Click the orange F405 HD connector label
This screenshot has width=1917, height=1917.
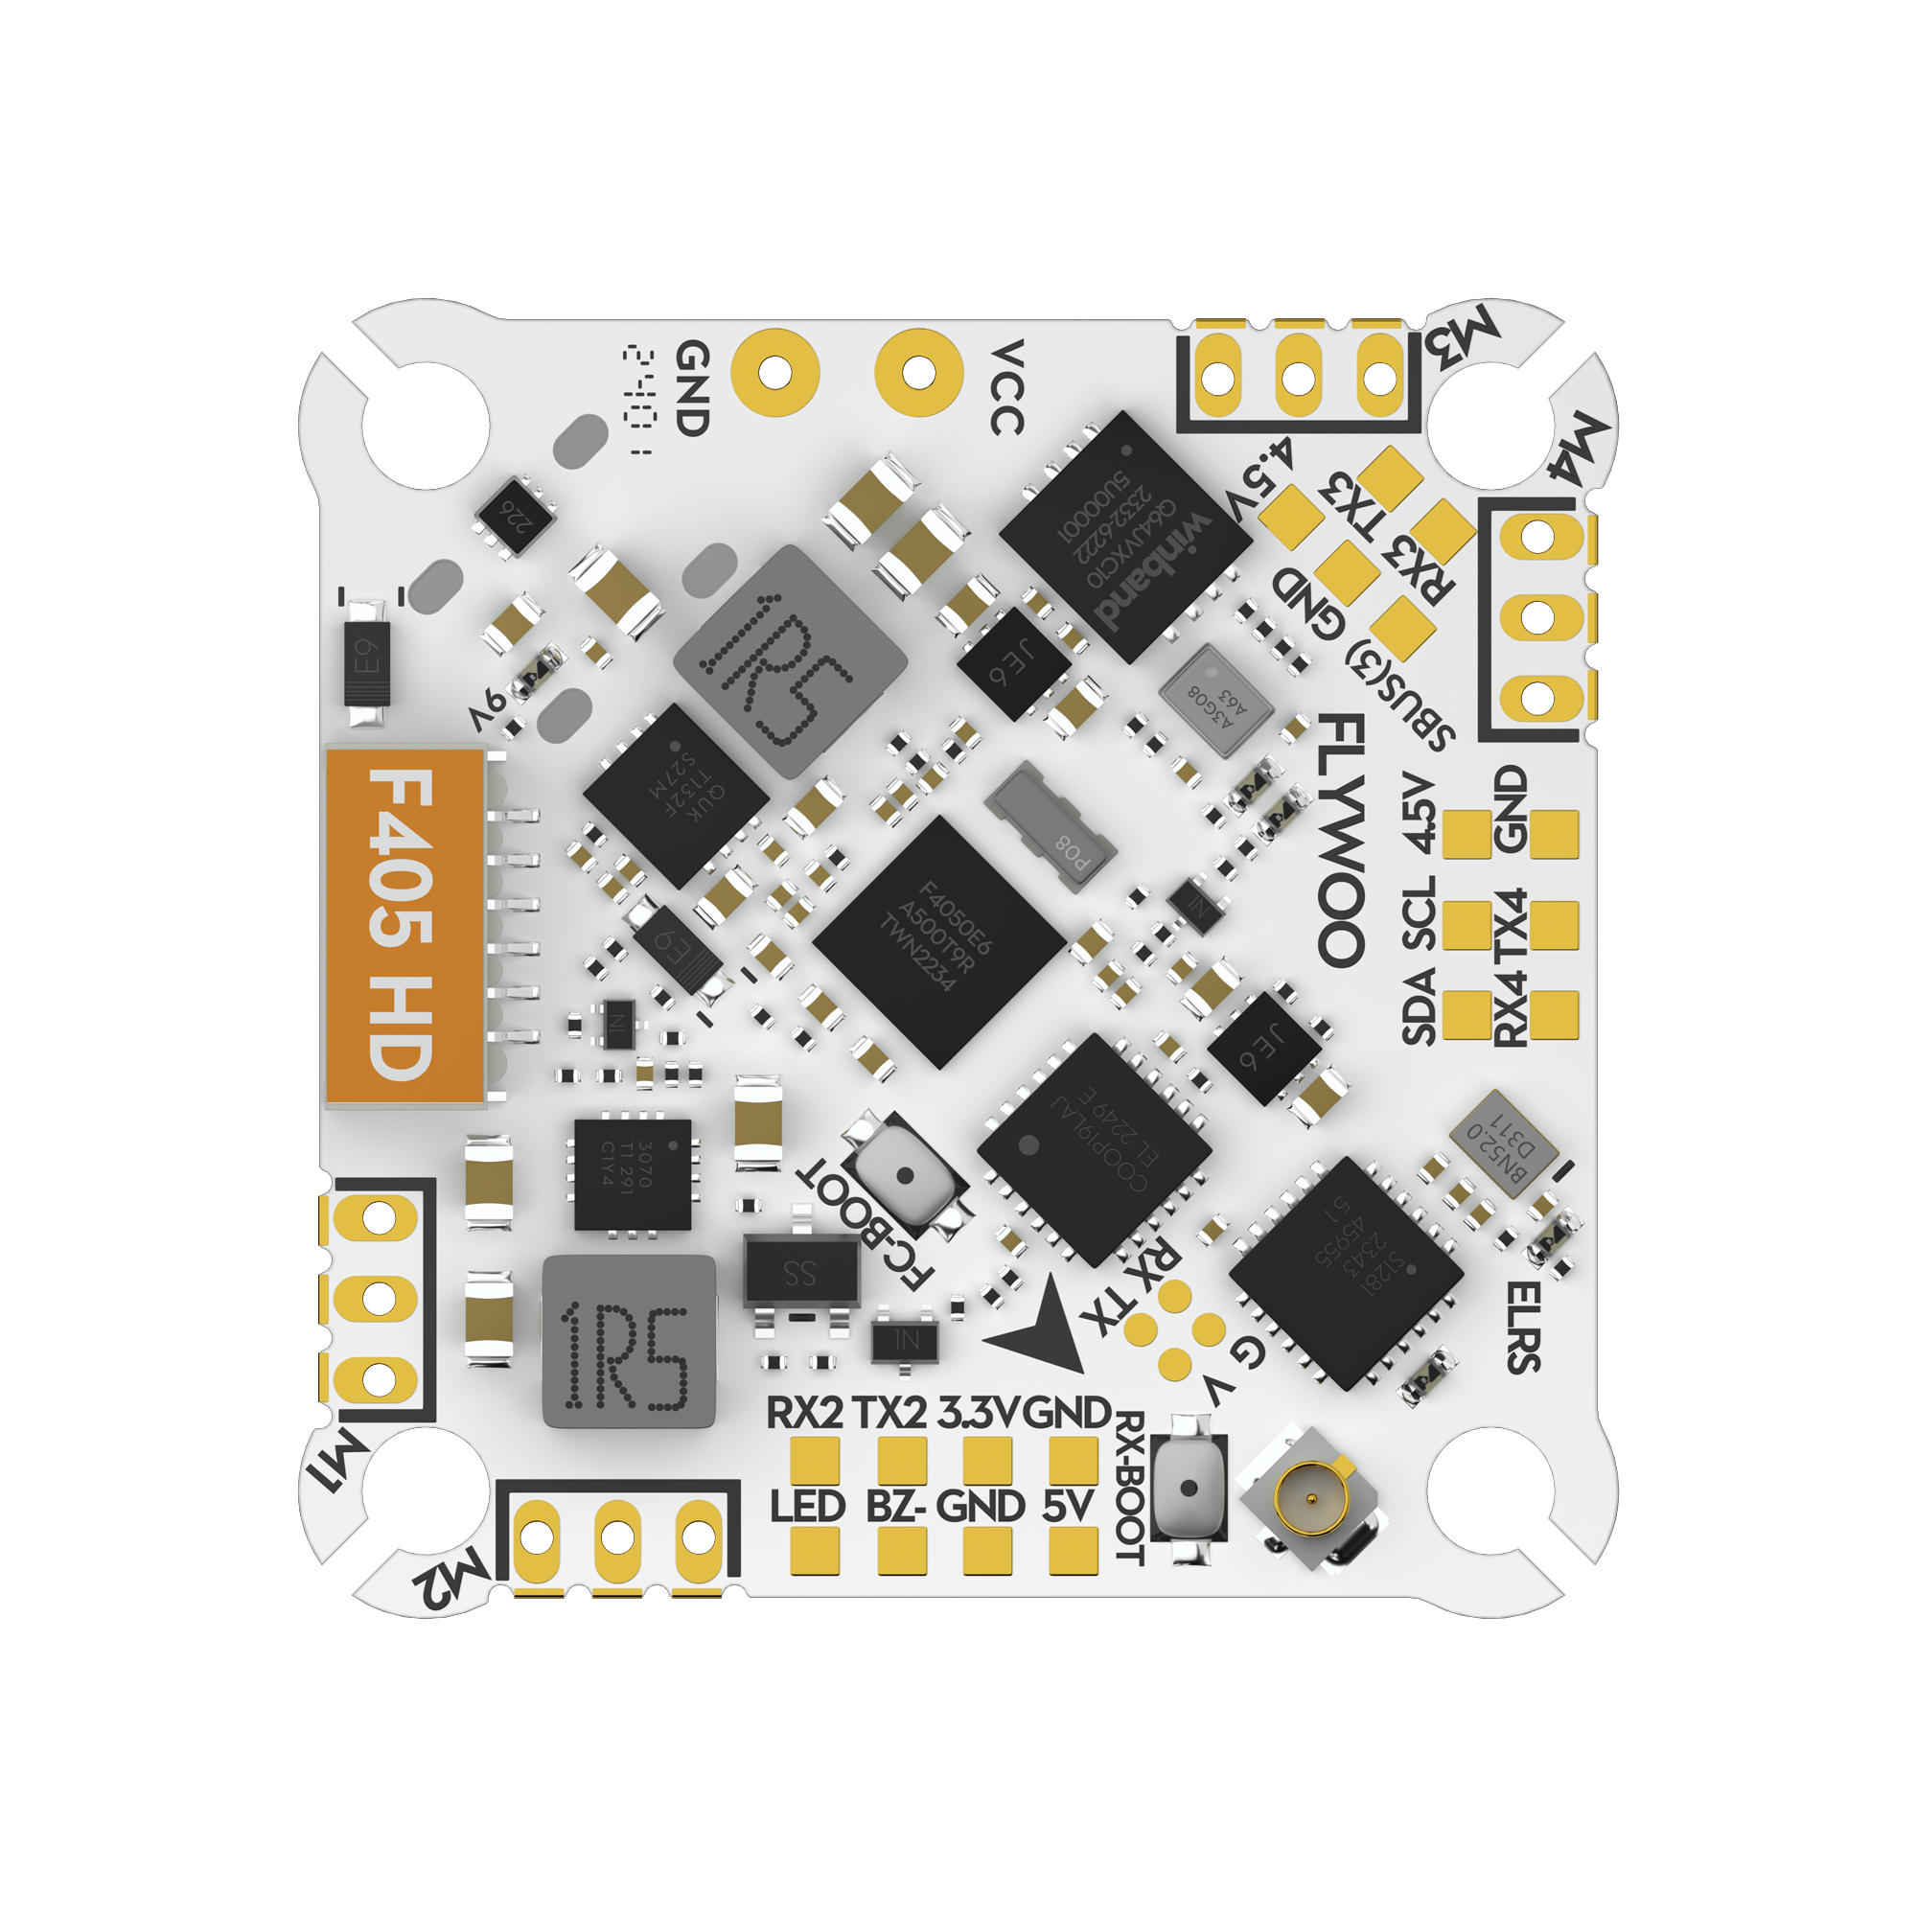[x=404, y=927]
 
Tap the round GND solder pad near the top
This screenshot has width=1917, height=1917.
[x=774, y=372]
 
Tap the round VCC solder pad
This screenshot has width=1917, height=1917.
[x=919, y=372]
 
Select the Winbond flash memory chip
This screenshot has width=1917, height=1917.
[x=1125, y=536]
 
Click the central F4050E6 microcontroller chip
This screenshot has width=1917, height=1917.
[x=938, y=941]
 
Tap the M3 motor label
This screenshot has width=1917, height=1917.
[x=1463, y=338]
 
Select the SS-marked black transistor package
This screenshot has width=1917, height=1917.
[x=800, y=1273]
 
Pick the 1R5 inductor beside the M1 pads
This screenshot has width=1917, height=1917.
[x=628, y=1342]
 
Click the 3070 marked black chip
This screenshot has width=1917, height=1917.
[x=633, y=1175]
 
